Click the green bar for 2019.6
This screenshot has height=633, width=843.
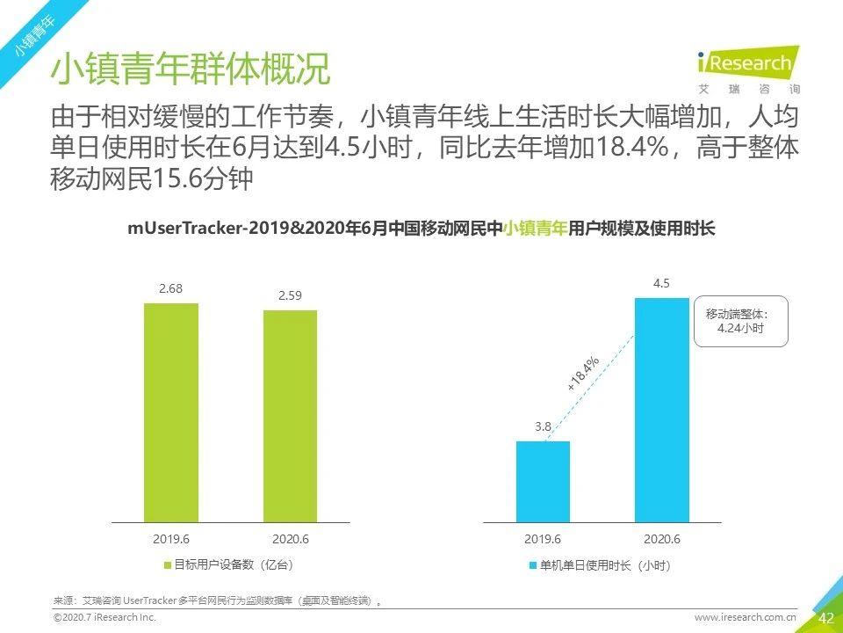pos(171,413)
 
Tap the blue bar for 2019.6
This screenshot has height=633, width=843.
pos(543,482)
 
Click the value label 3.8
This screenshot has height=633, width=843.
pos(543,427)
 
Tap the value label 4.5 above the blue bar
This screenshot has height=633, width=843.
pos(661,283)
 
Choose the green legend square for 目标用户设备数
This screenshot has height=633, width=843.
pos(168,564)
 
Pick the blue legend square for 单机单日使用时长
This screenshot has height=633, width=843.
pos(533,564)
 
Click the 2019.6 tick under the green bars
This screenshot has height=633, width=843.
pos(171,538)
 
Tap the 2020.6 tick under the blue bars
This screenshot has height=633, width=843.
pos(661,538)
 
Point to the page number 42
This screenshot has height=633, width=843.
pos(825,618)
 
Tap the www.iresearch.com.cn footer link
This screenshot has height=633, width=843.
pos(745,618)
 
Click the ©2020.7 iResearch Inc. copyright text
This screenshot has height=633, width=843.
pos(104,618)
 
